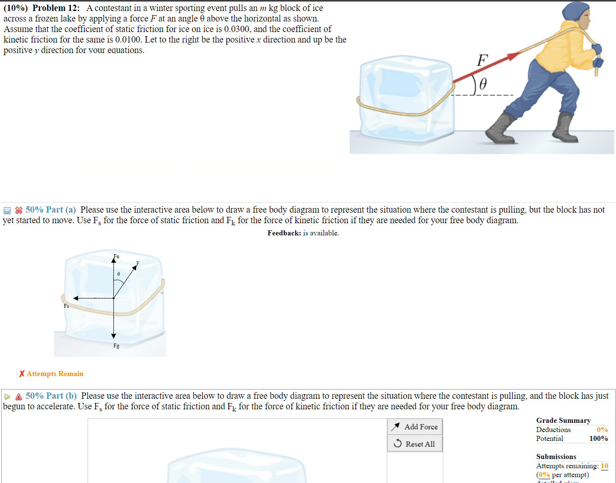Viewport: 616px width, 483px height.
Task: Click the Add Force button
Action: tap(415, 427)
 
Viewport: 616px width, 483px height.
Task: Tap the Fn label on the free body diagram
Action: tap(116, 256)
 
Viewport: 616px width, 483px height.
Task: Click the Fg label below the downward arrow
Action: tap(116, 346)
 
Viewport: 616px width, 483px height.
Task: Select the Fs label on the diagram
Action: tap(66, 306)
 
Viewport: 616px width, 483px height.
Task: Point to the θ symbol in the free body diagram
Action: tap(118, 274)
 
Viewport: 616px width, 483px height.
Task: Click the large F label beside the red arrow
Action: tap(482, 61)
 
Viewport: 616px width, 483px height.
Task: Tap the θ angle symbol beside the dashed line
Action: tap(483, 84)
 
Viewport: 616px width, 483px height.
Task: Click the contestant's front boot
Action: tap(500, 130)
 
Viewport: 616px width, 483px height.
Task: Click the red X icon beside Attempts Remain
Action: tap(22, 374)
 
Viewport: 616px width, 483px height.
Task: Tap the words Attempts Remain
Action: tap(55, 374)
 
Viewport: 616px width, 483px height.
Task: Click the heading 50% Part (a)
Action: tap(51, 210)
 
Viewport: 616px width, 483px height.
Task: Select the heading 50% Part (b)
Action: tap(51, 396)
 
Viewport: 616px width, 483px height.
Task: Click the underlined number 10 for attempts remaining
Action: tap(604, 466)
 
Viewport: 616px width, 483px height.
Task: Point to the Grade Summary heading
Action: tap(563, 420)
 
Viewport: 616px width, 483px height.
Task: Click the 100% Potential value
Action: tap(598, 438)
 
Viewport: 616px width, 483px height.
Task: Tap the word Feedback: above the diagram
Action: tap(284, 233)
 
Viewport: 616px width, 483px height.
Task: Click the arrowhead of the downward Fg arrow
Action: tap(113, 336)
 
